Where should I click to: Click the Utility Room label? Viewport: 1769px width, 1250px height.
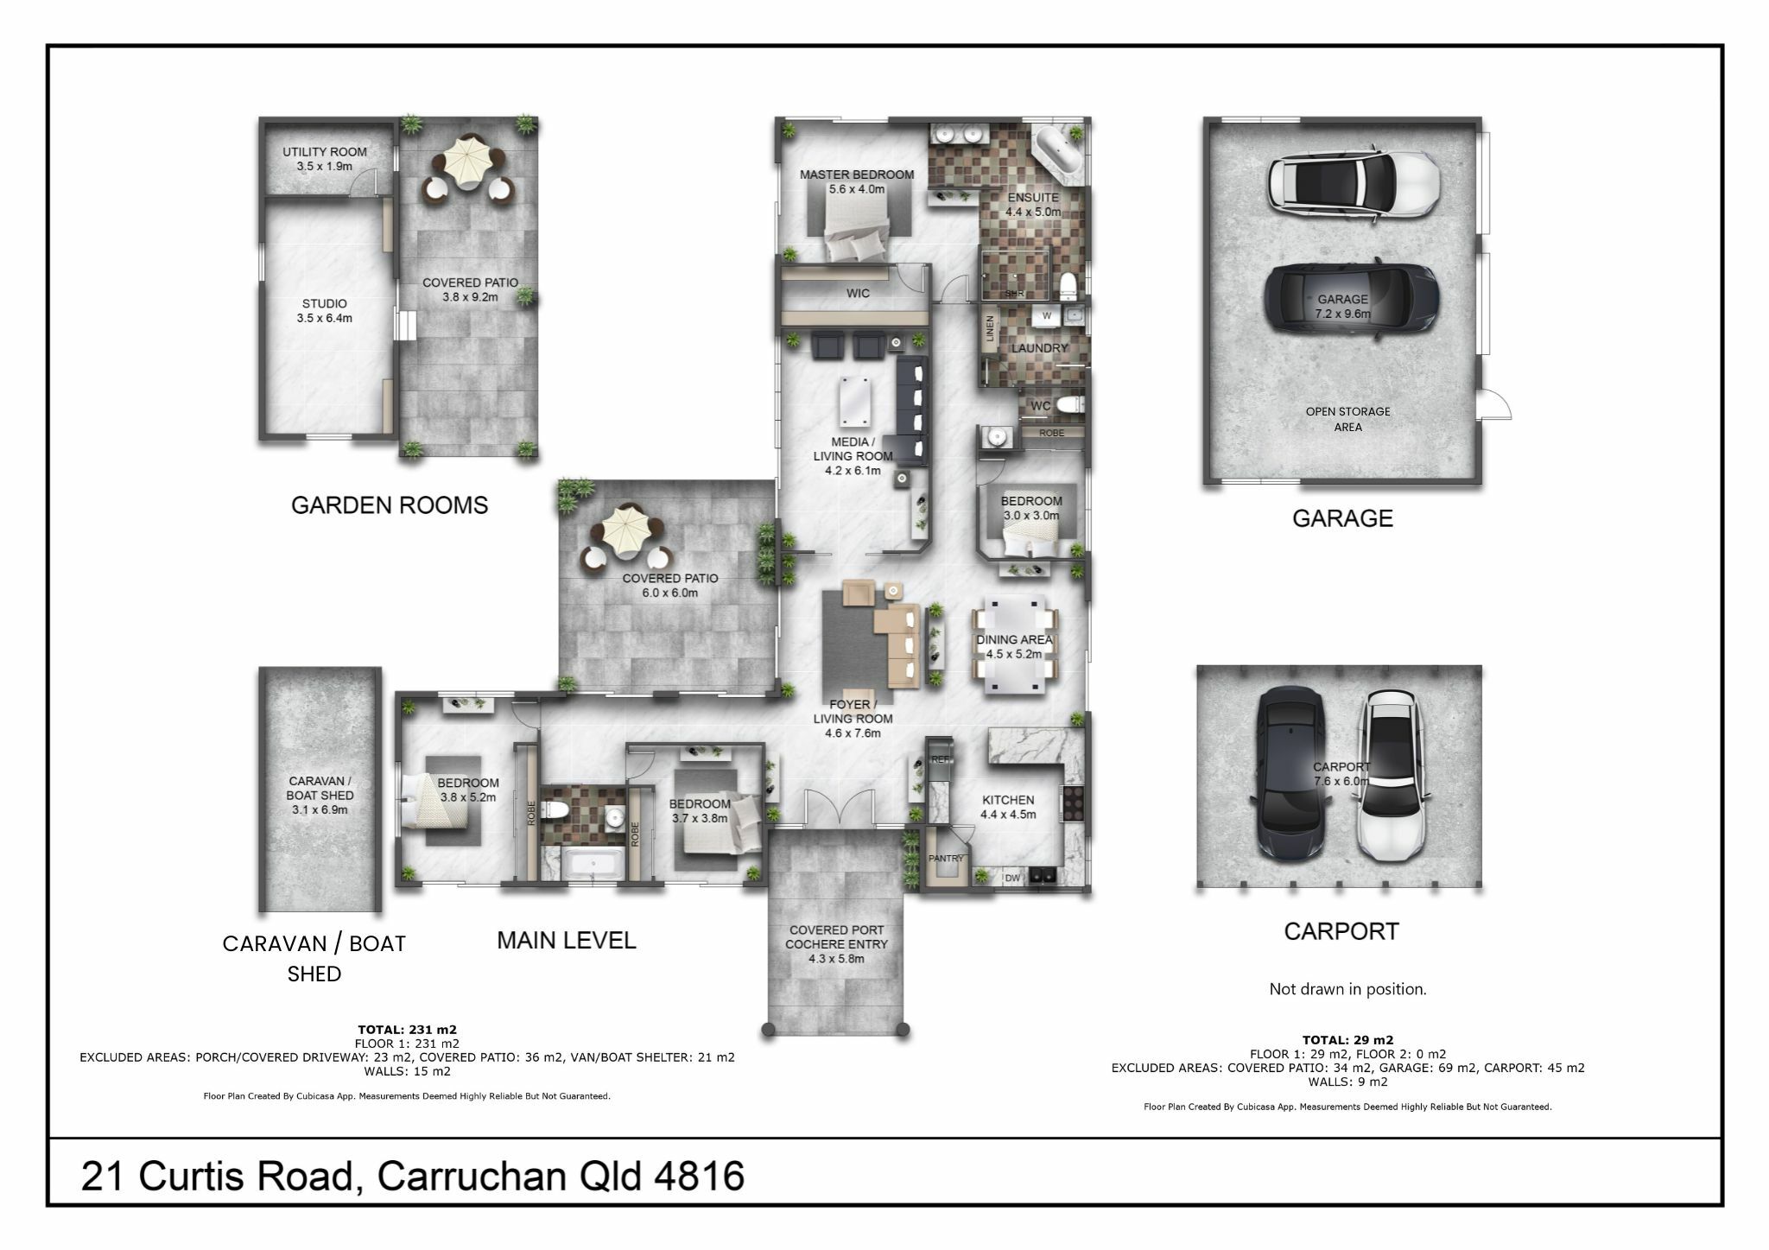(x=325, y=159)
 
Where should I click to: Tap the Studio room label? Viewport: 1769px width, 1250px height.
(x=325, y=311)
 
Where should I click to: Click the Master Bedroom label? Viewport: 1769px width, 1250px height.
(x=857, y=181)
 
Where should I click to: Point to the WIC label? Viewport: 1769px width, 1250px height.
(x=858, y=294)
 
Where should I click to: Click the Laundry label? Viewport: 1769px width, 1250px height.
(x=1040, y=348)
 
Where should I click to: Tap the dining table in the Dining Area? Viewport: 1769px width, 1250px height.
(x=1015, y=644)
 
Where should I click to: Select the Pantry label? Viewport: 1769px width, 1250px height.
(x=946, y=859)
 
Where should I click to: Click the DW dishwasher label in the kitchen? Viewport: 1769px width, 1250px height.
(x=1012, y=879)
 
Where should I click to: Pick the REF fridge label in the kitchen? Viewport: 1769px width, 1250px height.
(x=941, y=759)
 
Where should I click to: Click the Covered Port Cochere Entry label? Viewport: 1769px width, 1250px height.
(x=835, y=944)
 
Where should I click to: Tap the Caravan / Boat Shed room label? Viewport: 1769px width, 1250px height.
(x=320, y=796)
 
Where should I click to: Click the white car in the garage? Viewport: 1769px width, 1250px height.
(x=1354, y=181)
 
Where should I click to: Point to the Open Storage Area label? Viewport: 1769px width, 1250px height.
(x=1347, y=419)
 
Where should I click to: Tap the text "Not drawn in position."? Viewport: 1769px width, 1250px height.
(x=1347, y=989)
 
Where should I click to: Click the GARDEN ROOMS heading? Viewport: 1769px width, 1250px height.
(x=390, y=505)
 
